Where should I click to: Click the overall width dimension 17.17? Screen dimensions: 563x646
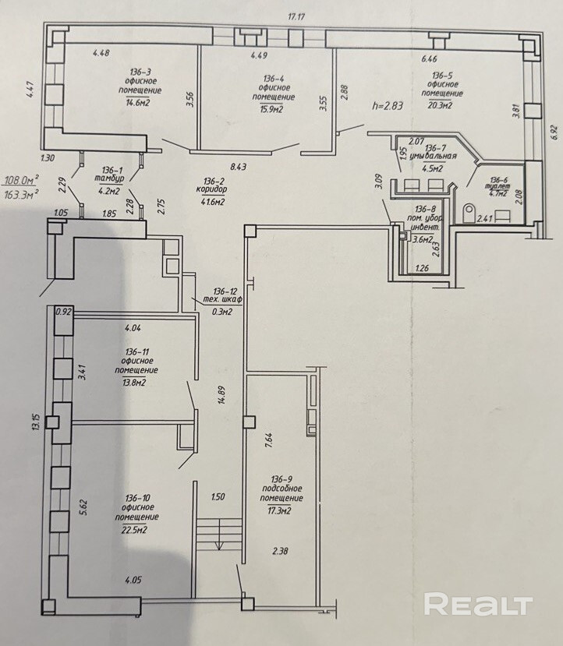294,16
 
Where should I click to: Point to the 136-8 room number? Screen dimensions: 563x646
426,208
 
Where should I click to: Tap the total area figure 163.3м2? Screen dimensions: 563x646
21,194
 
